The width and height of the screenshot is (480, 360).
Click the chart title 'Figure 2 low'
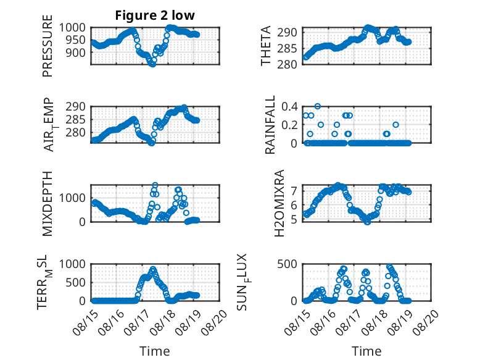155,15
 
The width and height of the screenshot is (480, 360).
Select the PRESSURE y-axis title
48,46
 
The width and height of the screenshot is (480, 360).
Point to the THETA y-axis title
266,46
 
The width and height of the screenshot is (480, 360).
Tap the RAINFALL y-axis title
270,125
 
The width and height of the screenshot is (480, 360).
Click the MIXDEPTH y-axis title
48,203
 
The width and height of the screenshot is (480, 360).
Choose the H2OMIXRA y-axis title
279,203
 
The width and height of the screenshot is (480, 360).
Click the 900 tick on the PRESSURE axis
76,52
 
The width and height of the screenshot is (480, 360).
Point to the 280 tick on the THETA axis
287,64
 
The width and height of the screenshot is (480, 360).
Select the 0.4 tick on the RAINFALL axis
289,107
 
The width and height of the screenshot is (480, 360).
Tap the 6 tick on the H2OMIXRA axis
294,205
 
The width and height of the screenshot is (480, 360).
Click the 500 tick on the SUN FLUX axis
287,264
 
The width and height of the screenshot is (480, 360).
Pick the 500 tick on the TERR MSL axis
76,282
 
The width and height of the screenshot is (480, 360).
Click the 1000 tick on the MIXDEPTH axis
72,198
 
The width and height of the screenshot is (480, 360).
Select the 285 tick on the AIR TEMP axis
76,120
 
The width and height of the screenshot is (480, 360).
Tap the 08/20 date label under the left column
215,322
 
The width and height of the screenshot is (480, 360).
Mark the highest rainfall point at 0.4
318,106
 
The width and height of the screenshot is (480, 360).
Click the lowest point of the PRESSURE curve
152,64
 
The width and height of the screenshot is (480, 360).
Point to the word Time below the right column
366,351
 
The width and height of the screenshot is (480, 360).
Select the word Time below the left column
155,351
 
